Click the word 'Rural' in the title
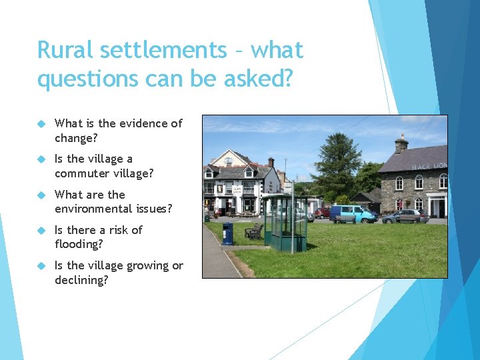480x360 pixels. (x=64, y=51)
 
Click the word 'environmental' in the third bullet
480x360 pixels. (x=94, y=209)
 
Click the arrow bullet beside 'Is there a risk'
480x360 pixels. (x=41, y=230)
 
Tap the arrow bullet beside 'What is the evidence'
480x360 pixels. (x=41, y=123)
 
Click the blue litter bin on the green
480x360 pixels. (x=228, y=233)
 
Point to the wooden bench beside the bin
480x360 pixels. (x=253, y=231)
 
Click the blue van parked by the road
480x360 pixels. (x=353, y=213)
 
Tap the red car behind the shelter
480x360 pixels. (x=323, y=213)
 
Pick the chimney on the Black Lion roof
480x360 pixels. (x=401, y=143)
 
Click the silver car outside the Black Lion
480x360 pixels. (x=404, y=216)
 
